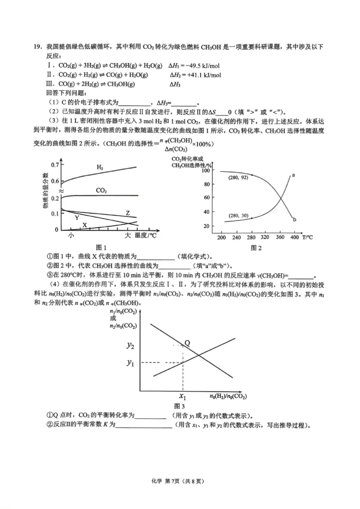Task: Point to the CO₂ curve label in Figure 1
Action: [101, 191]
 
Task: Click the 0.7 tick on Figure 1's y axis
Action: [54, 165]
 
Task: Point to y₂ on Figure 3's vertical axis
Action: [131, 345]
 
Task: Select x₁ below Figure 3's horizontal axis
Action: [183, 396]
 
